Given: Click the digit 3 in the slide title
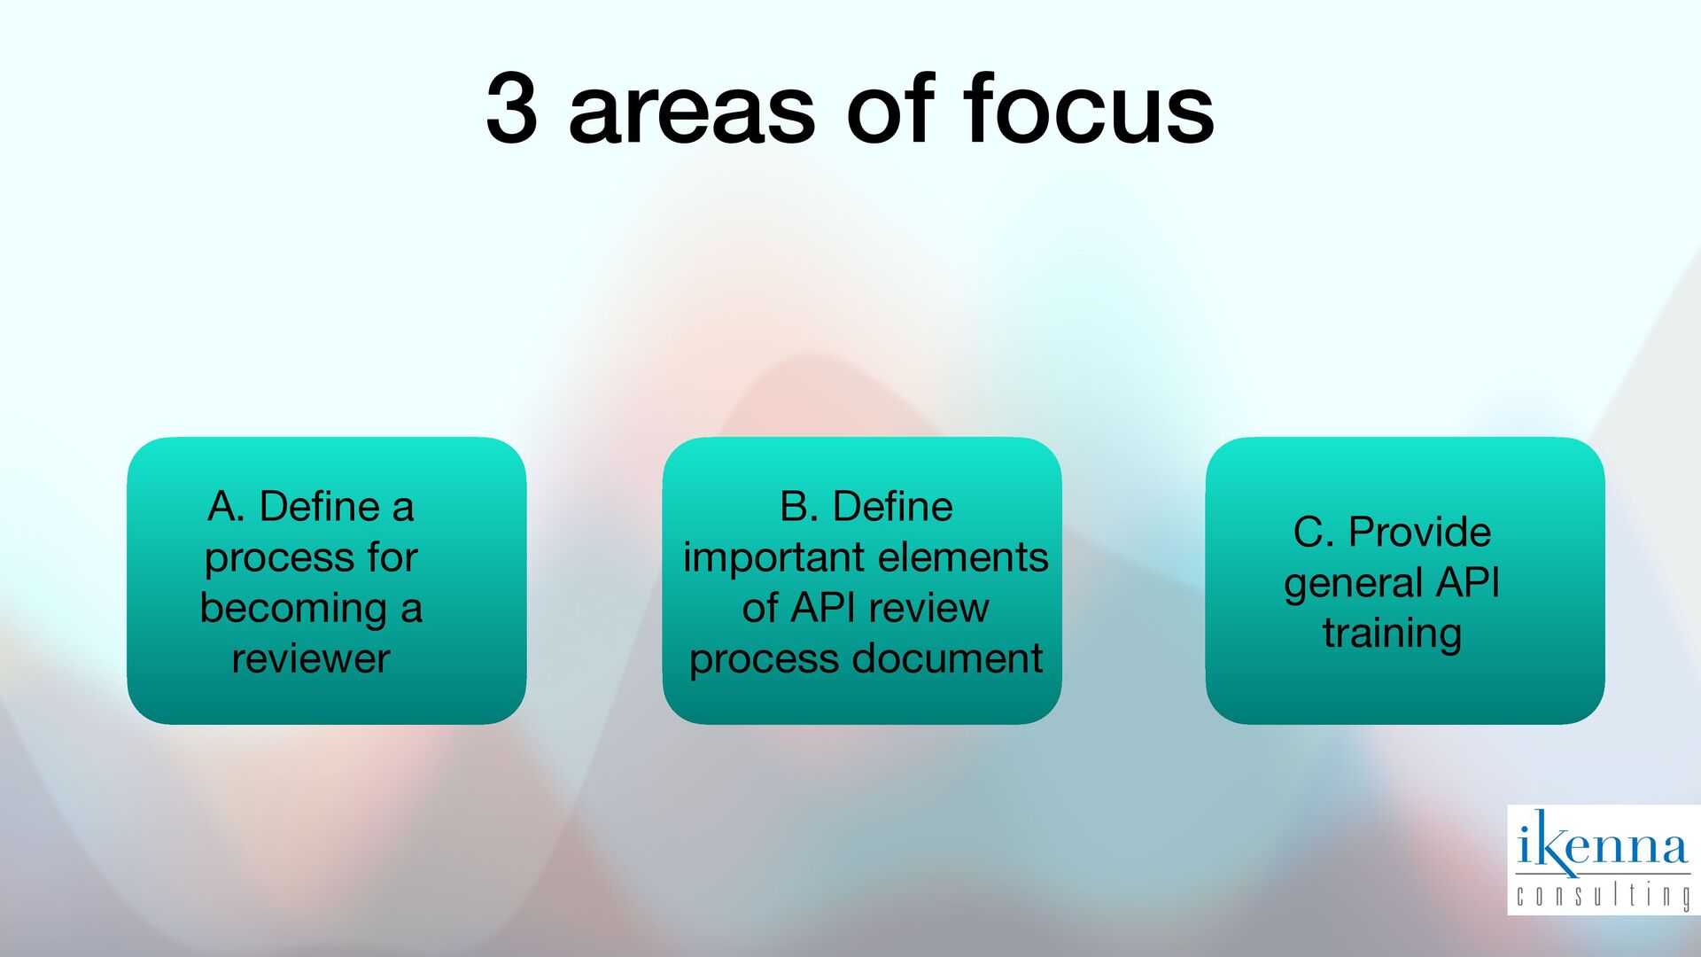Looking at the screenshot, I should (x=512, y=110).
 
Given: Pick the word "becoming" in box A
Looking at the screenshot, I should (x=292, y=610).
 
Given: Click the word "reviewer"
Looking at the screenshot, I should (x=311, y=658).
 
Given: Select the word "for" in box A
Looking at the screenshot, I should (x=392, y=557).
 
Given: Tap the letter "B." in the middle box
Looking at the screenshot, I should (x=799, y=507).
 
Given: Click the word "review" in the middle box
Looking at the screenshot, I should (x=928, y=608).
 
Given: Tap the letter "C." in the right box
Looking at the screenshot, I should (x=1313, y=533).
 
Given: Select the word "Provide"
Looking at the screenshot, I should (x=1419, y=533).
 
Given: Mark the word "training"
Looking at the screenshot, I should (x=1392, y=634).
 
